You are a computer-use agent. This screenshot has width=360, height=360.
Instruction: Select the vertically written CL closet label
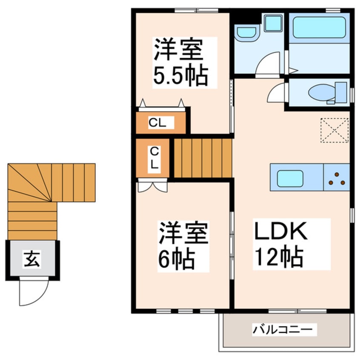pyautogui.click(x=154, y=158)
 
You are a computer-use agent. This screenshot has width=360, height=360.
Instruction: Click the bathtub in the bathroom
pyautogui.click(x=319, y=27)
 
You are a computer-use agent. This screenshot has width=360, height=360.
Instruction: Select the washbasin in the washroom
pyautogui.click(x=246, y=32)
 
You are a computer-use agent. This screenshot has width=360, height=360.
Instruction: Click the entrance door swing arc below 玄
pyautogui.click(x=32, y=294)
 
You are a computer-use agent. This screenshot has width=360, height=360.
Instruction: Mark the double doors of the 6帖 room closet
pyautogui.click(x=152, y=186)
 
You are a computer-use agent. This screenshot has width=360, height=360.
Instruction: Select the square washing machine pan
pyautogui.click(x=273, y=23)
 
